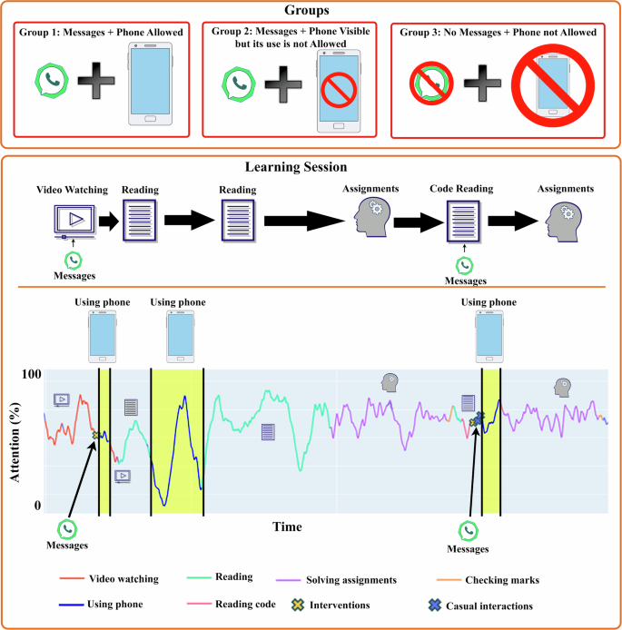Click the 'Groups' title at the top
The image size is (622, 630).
[x=307, y=10]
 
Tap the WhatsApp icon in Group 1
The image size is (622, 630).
[x=52, y=81]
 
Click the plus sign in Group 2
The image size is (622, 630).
[x=283, y=84]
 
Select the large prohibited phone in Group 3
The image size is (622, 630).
[x=553, y=85]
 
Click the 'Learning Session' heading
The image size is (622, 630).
[x=296, y=167]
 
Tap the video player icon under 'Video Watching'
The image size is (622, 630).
[x=74, y=221]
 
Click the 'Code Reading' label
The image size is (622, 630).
[x=461, y=189]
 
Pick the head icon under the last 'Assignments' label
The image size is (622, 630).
[x=563, y=221]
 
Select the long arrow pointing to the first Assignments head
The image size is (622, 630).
[x=304, y=221]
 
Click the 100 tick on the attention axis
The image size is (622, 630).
[x=32, y=374]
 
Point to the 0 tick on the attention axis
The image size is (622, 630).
[x=37, y=505]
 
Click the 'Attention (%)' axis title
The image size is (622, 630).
[x=15, y=442]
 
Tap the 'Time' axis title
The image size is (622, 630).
[x=287, y=527]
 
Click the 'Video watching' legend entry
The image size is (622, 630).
[x=109, y=578]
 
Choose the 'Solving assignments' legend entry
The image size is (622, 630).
[x=336, y=580]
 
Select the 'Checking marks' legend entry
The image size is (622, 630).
[x=488, y=580]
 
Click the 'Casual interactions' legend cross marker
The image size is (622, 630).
[x=435, y=605]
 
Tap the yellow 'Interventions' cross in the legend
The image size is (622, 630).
[x=298, y=605]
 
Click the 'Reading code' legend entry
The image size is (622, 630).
[x=232, y=604]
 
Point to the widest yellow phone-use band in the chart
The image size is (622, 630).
[x=177, y=441]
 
